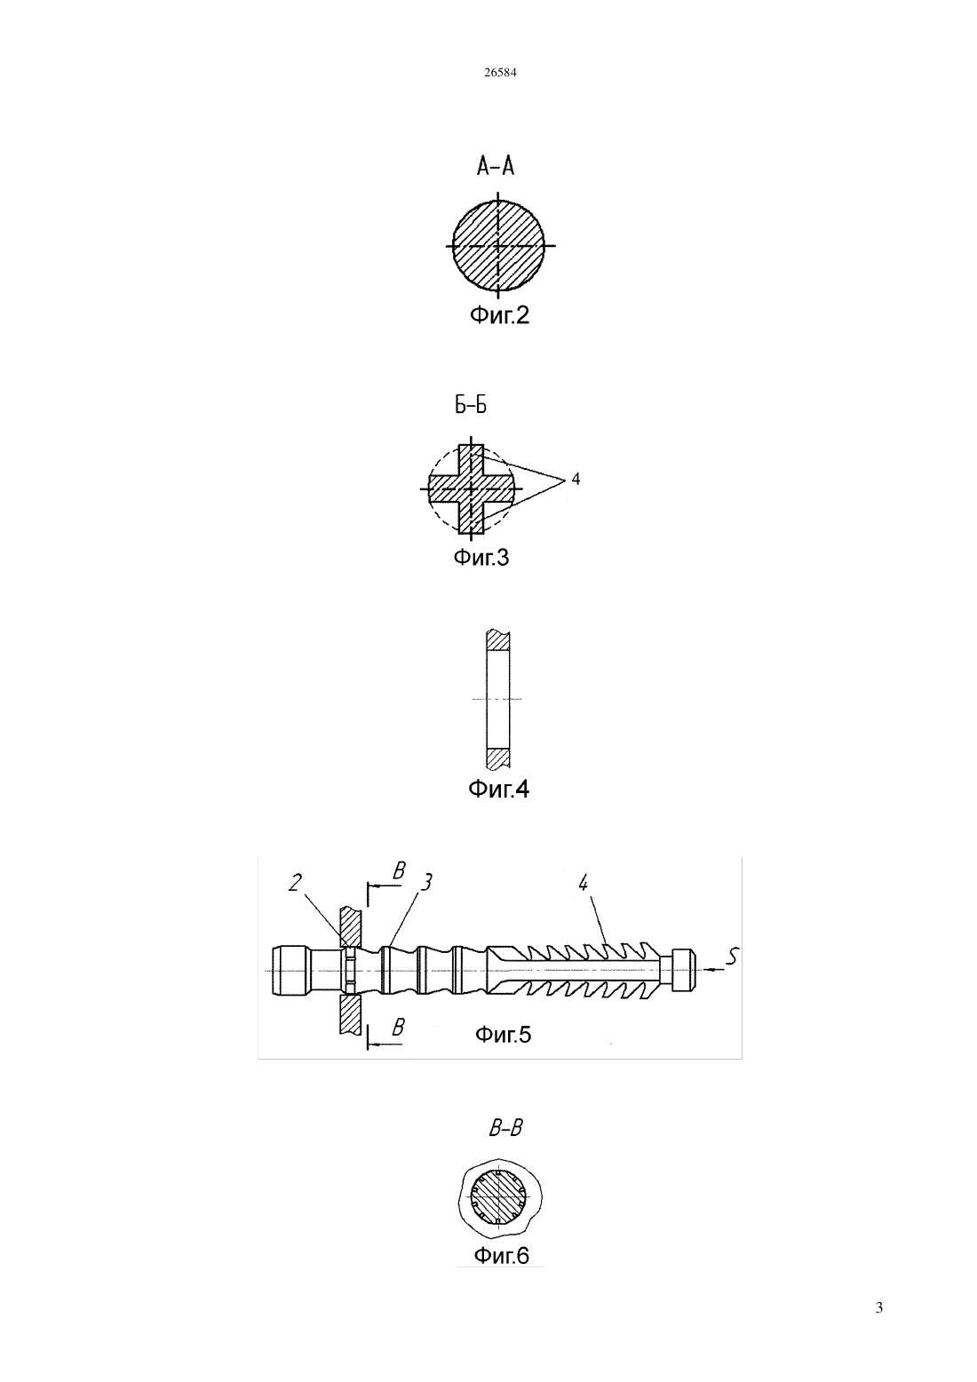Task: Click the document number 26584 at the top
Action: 500,72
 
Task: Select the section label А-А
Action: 496,166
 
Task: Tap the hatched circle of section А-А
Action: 498,245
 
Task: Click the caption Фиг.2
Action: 499,315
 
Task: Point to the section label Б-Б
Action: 472,405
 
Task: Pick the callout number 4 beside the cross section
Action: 576,478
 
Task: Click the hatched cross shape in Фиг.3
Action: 472,488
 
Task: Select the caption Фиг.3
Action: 481,558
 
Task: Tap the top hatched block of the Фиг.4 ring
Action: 498,639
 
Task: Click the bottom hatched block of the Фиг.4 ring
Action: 498,759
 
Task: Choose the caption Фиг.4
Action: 498,789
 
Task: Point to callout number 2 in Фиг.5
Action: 295,884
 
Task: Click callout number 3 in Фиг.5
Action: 425,882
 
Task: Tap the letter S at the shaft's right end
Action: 731,957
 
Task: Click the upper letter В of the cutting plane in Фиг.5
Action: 399,870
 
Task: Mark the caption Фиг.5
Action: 503,1035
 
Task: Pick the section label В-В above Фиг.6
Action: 505,1129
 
